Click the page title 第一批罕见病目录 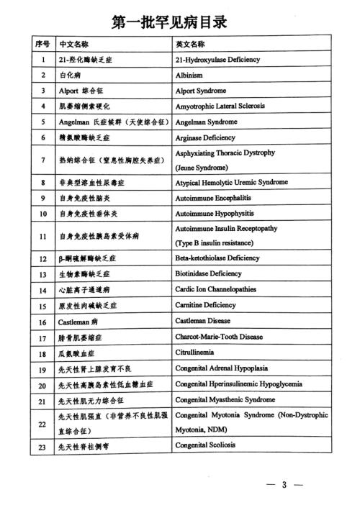click(x=180, y=22)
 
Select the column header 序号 click(x=42, y=44)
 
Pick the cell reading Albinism click(x=191, y=75)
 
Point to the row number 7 click(x=42, y=160)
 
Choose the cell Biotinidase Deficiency click(x=210, y=274)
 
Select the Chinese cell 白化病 click(x=70, y=75)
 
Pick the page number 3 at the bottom click(x=284, y=485)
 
